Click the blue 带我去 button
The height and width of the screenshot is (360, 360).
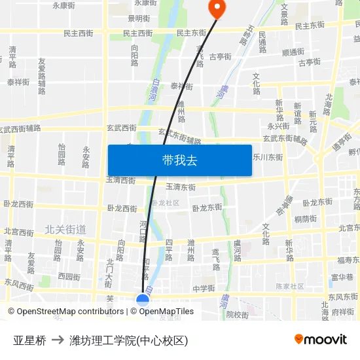(179, 160)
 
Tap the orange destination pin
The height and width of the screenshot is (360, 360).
(216, 8)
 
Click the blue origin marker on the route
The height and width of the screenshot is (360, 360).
(143, 300)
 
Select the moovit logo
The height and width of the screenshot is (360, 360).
(321, 339)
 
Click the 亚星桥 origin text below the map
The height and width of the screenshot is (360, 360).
(29, 340)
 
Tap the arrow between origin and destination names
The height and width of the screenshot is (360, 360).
(58, 340)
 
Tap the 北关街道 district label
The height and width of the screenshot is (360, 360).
(65, 229)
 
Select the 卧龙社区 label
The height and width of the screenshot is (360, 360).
(165, 203)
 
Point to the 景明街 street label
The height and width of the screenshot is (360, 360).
(139, 18)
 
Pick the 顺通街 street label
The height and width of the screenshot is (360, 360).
(293, 52)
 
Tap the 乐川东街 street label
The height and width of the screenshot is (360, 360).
(268, 157)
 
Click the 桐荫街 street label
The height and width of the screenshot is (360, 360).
(306, 219)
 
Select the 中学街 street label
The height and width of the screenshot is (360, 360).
(204, 288)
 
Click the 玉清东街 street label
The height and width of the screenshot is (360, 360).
(180, 187)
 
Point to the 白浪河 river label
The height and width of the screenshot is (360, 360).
(154, 90)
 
